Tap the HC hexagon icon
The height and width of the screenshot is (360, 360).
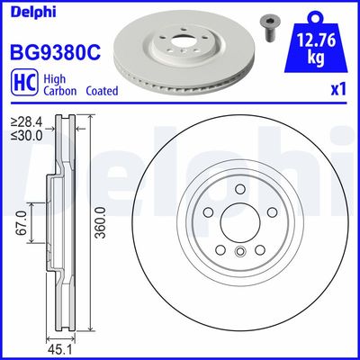pos(20,85)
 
